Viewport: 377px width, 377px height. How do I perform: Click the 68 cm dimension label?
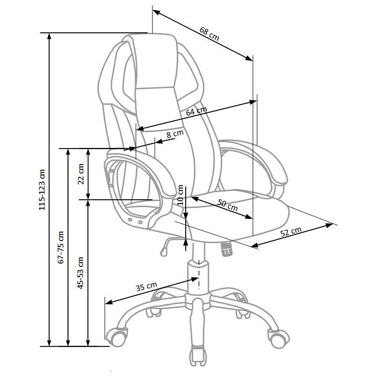tap(209, 34)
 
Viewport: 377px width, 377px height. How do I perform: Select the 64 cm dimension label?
tap(196, 111)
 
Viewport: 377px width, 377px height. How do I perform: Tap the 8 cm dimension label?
tap(175, 134)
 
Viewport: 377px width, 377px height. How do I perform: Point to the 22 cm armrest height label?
tap(81, 174)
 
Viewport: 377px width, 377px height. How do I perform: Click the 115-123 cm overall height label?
tap(42, 190)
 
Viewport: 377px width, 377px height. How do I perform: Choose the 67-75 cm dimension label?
tap(61, 247)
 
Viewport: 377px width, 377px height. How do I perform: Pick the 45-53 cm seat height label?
tap(81, 273)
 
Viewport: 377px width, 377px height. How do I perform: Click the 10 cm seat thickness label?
tap(181, 195)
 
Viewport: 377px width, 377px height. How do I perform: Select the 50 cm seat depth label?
tap(227, 205)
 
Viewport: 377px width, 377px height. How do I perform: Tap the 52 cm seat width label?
tap(291, 232)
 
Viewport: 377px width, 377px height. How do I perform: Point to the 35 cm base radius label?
tap(146, 287)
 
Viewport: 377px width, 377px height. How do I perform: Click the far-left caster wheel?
tap(117, 336)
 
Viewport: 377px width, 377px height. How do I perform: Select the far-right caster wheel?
tap(279, 338)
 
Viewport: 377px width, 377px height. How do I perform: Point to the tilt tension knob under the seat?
tap(227, 249)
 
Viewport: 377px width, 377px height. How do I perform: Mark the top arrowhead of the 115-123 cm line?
tap(49, 37)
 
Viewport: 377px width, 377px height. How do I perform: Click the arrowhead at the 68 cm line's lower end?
tap(249, 58)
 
